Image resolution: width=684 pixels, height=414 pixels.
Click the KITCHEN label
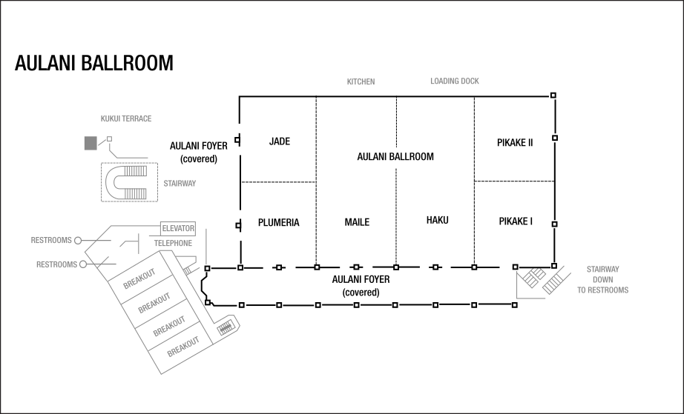pyautogui.click(x=361, y=82)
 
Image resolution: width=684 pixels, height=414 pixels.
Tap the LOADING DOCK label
pyautogui.click(x=454, y=81)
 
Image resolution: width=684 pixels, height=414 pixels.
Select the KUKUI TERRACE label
pyautogui.click(x=126, y=118)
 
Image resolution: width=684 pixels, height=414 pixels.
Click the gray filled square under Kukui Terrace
pyautogui.click(x=90, y=144)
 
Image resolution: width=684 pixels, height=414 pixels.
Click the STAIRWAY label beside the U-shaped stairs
pyautogui.click(x=180, y=184)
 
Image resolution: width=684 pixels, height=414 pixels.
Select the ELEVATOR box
pyautogui.click(x=178, y=229)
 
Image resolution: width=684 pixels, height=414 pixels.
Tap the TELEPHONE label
pyautogui.click(x=173, y=244)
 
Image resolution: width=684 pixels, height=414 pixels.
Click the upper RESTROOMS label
pyautogui.click(x=51, y=241)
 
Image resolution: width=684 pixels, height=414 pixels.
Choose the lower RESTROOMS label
pyautogui.click(x=56, y=264)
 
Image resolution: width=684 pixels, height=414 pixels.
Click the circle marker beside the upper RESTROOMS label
pyautogui.click(x=78, y=241)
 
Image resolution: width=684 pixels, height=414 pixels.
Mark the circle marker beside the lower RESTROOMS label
pyautogui.click(x=83, y=264)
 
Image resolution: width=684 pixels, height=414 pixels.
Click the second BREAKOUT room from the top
pyautogui.click(x=153, y=303)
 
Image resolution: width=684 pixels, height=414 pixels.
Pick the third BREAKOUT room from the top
pyautogui.click(x=168, y=326)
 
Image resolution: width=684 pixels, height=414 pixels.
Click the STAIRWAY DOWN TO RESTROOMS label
pyautogui.click(x=602, y=280)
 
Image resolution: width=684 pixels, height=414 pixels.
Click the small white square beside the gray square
pyautogui.click(x=110, y=139)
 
